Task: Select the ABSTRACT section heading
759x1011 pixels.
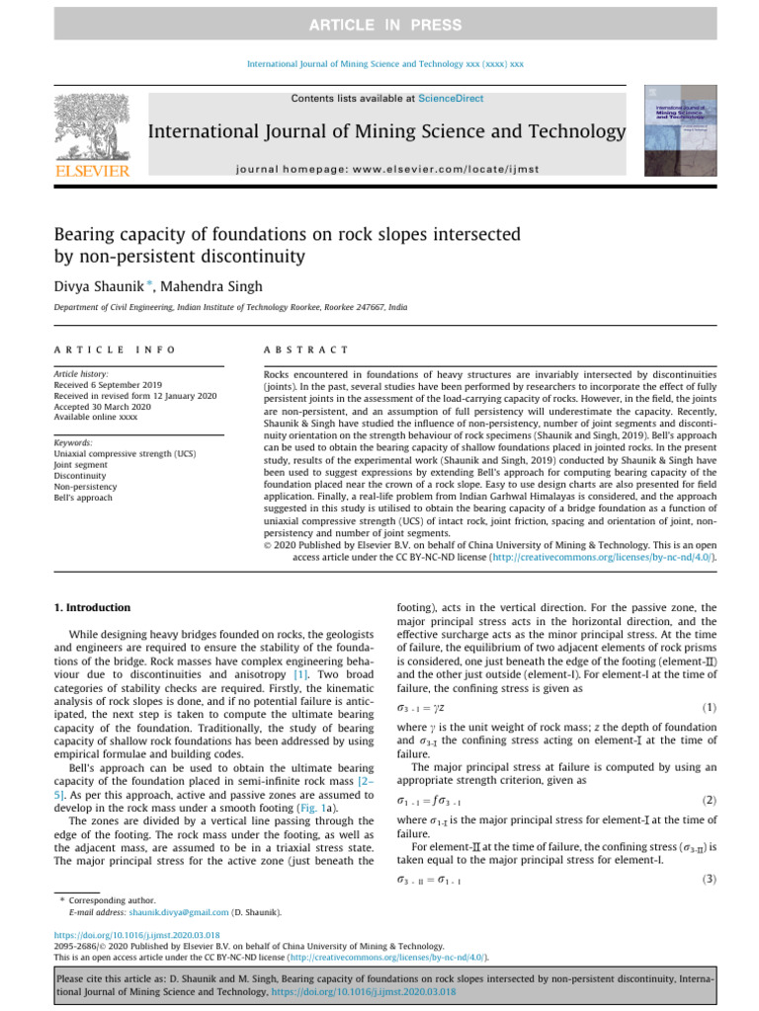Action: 299,350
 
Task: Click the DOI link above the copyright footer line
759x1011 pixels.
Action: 136,934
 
